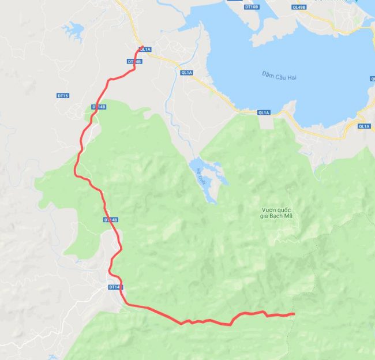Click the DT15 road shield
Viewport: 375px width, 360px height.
coord(63,96)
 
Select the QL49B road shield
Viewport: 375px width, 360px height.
coord(298,7)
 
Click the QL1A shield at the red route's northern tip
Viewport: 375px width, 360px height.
coord(145,50)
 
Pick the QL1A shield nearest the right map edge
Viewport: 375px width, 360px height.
coord(363,126)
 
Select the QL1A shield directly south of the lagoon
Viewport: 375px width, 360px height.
coord(264,112)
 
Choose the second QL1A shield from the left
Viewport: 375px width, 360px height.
coord(186,73)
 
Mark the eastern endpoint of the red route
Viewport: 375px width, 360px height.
coord(294,314)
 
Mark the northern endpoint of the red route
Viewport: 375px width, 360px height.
coord(141,47)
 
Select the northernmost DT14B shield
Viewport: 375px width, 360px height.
coord(134,61)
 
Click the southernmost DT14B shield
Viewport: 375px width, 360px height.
coord(115,287)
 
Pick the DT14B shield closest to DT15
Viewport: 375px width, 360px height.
coord(99,107)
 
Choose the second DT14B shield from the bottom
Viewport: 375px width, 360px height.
coord(111,220)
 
